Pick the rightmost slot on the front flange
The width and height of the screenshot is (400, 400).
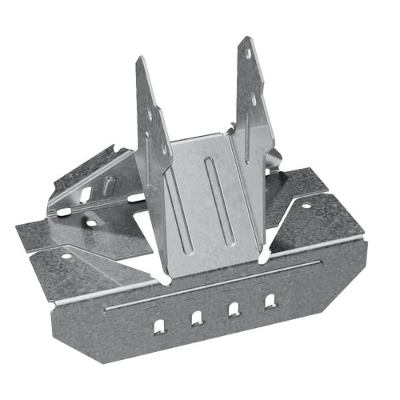[x=270, y=301]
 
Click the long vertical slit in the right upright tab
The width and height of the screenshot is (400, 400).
[x=249, y=128]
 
